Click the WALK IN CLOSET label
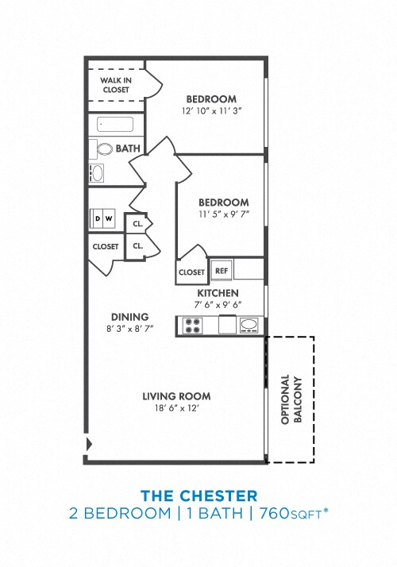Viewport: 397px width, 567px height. click(x=114, y=85)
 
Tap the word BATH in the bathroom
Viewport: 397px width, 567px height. click(x=128, y=148)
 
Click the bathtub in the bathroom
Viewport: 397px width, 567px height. click(x=115, y=124)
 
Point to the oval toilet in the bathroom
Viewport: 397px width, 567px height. click(x=103, y=148)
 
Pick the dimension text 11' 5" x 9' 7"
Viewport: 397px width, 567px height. click(x=223, y=214)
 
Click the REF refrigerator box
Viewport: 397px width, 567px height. click(x=221, y=271)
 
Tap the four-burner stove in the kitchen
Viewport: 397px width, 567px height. click(x=192, y=326)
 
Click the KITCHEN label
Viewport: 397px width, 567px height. click(x=218, y=293)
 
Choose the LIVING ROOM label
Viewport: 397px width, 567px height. click(x=176, y=396)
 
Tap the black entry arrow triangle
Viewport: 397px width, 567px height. click(x=88, y=443)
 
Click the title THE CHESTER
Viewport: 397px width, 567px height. click(x=198, y=496)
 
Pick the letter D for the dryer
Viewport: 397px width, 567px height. click(x=98, y=218)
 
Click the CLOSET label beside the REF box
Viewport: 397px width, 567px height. click(x=191, y=272)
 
